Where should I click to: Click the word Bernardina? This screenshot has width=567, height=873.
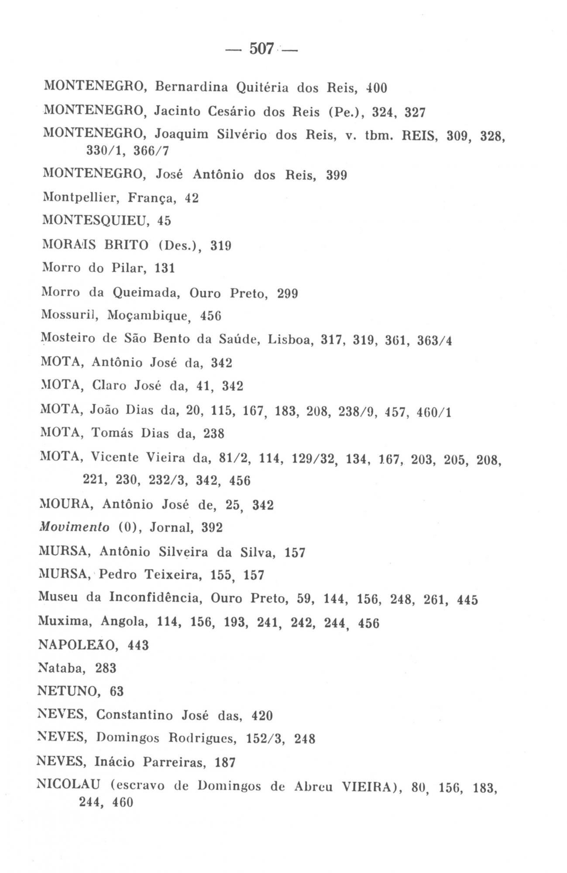[192, 88]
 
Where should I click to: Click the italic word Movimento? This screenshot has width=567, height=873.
[74, 528]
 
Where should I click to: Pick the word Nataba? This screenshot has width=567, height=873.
[65, 668]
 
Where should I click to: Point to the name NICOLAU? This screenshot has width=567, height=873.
[70, 786]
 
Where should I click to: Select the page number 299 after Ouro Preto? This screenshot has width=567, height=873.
[288, 293]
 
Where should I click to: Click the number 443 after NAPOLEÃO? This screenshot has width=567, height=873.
[138, 645]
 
